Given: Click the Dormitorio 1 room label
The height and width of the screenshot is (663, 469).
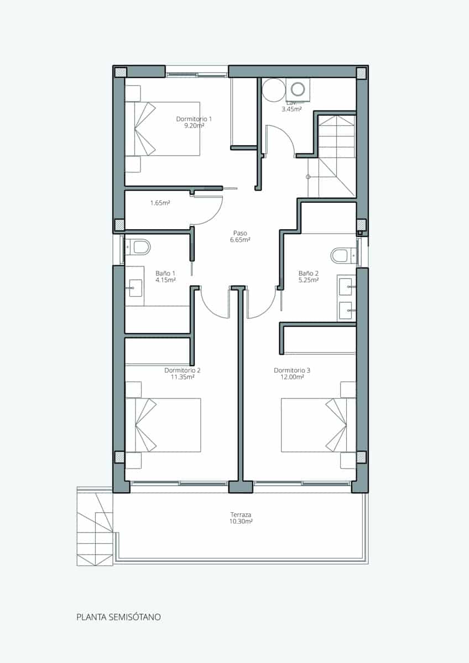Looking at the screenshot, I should coord(194,119).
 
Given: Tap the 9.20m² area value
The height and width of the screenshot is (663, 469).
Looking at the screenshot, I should coord(194,126).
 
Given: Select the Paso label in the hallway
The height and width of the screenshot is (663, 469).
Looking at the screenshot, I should coord(240,233).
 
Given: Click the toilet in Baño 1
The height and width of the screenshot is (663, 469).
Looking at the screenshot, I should coord(140,246).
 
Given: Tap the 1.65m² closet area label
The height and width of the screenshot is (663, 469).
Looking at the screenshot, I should coord(160,203).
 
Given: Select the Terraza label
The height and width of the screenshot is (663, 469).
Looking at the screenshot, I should coord(241,514).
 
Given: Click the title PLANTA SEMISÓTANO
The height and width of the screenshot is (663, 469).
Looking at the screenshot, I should coord(118,617).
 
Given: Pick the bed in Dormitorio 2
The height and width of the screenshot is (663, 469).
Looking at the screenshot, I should coord(163,425).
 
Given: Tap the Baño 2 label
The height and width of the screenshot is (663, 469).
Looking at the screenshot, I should coord(309,273).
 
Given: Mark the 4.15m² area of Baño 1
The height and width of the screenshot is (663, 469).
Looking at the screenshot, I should coord(165,280).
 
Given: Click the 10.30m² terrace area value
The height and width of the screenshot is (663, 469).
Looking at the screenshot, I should coord(241,521).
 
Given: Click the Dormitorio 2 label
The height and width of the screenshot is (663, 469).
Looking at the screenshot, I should coord(183,370).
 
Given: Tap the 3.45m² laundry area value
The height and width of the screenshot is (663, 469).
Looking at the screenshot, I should coord(291,109).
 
